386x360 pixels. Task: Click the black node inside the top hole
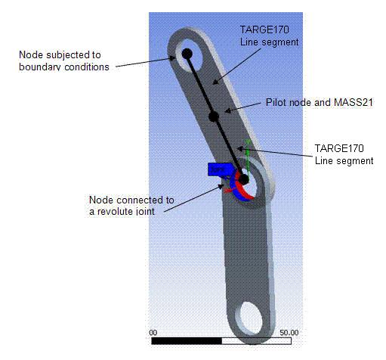[186, 54]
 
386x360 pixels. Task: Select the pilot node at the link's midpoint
[214, 116]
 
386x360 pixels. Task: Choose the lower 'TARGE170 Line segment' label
[344, 155]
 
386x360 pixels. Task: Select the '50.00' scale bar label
[289, 332]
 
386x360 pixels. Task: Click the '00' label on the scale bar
[153, 332]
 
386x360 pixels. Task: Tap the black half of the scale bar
[187, 341]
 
